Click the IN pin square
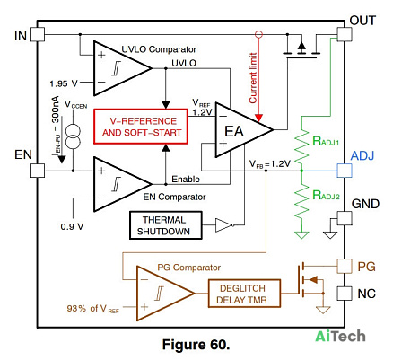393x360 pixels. tap(38, 34)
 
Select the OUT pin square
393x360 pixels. tap(345, 34)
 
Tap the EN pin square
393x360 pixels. tap(38, 171)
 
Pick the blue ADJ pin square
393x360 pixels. tap(345, 171)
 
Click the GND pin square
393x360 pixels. tap(345, 218)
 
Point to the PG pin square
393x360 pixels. tap(345, 266)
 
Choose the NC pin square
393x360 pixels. tap(345, 294)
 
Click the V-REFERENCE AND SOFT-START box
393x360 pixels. tap(141, 127)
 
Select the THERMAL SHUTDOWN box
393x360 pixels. tap(166, 225)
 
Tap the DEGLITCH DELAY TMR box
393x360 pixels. tap(244, 294)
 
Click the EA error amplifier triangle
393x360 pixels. tap(244, 130)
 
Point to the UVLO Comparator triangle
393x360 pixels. tap(123, 68)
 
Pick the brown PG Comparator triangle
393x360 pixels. tap(165, 294)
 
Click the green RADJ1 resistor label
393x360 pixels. tap(326, 141)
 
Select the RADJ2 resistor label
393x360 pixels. tap(326, 195)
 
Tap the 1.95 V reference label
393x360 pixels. tap(64, 83)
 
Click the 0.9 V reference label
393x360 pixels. tap(72, 226)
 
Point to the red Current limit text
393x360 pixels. tap(253, 78)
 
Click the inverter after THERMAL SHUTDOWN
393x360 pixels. tap(224, 225)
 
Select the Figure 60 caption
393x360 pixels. tap(196, 345)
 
